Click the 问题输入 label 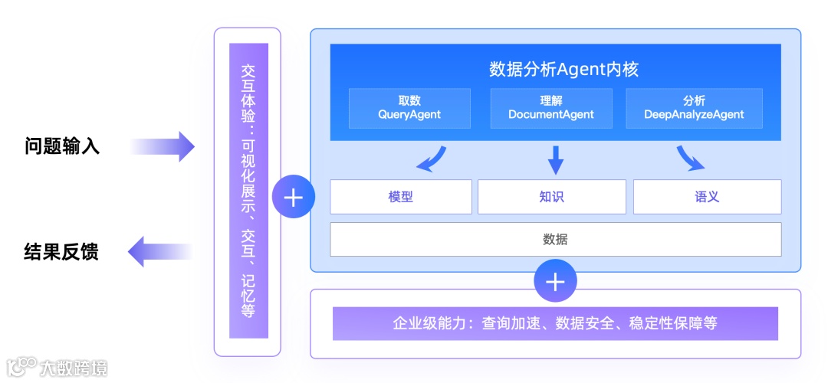pyautogui.click(x=62, y=146)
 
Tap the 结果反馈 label pyautogui.click(x=61, y=251)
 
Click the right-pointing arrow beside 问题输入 pyautogui.click(x=163, y=146)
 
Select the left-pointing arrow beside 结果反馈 pyautogui.click(x=159, y=251)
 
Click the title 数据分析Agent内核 pyautogui.click(x=563, y=69)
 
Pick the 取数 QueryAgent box pyautogui.click(x=399, y=108)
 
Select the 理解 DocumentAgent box pyautogui.click(x=551, y=108)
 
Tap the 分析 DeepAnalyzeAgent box pyautogui.click(x=694, y=108)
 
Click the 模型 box pyautogui.click(x=400, y=197)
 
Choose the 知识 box pyautogui.click(x=551, y=197)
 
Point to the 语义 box pyautogui.click(x=707, y=197)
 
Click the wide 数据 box pyautogui.click(x=555, y=239)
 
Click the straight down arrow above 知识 pyautogui.click(x=556, y=159)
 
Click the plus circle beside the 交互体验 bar pyautogui.click(x=293, y=197)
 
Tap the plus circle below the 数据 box pyautogui.click(x=555, y=282)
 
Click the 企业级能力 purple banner pyautogui.click(x=555, y=323)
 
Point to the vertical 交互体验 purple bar pyautogui.click(x=248, y=191)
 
